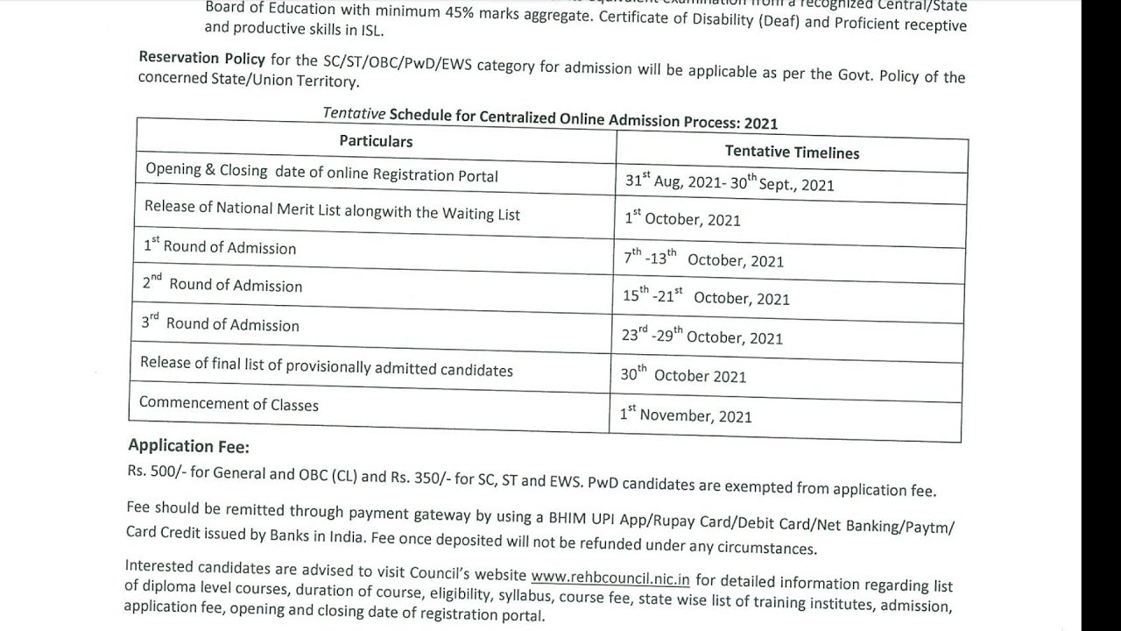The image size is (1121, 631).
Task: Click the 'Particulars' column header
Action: pos(376,141)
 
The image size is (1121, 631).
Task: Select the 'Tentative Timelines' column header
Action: pos(792,152)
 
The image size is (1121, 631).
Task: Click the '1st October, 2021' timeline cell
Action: pos(682,219)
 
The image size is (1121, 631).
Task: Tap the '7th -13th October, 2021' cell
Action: pos(703,259)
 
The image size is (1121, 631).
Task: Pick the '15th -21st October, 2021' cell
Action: pos(706,297)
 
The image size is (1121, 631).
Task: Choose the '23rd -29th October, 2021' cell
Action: pos(702,337)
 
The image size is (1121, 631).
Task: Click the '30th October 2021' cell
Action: pos(683,375)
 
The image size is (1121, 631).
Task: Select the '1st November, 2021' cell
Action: pos(686,415)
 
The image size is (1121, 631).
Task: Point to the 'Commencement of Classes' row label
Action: pos(229,404)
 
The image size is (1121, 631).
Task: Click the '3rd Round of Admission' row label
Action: pos(220,324)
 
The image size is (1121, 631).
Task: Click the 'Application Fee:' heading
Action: pos(188,446)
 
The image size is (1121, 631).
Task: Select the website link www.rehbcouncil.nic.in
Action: pos(610,578)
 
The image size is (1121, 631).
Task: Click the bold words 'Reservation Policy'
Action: pos(201,59)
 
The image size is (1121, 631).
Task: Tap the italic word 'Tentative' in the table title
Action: pos(354,113)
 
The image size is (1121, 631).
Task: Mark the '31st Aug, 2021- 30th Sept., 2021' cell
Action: pos(729,183)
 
